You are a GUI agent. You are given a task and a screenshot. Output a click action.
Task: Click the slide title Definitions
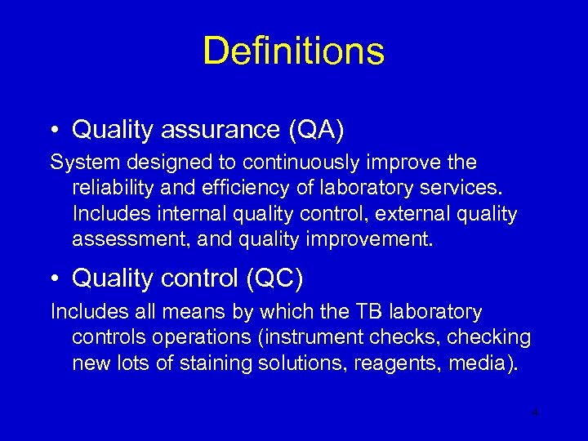click(293, 51)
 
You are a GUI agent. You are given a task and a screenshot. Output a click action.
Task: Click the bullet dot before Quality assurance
click(54, 130)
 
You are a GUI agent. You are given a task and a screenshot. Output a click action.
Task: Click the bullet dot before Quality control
click(54, 279)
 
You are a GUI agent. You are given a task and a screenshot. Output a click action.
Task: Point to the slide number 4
click(535, 413)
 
